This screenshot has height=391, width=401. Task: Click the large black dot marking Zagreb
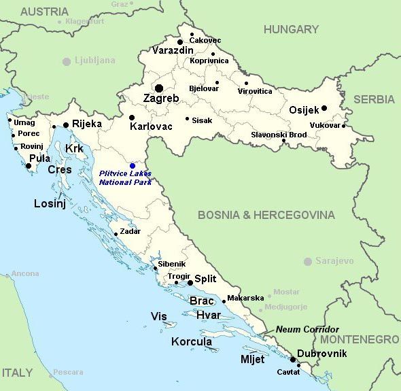pyautogui.click(x=159, y=88)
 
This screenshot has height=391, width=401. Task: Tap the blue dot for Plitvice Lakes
pyautogui.click(x=133, y=166)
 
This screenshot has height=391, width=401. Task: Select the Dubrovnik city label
pyautogui.click(x=322, y=354)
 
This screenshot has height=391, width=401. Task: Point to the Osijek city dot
pyautogui.click(x=324, y=108)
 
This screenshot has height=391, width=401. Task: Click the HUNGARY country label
pyautogui.click(x=291, y=29)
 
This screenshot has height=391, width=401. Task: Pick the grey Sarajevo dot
pyautogui.click(x=308, y=261)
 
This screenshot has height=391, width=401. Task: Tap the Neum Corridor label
pyautogui.click(x=307, y=329)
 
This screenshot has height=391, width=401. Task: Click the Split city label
pyautogui.click(x=206, y=279)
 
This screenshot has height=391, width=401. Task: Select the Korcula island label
pyautogui.click(x=191, y=342)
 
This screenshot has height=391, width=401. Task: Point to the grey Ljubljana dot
pyautogui.click(x=67, y=61)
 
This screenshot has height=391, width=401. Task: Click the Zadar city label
pyautogui.click(x=130, y=231)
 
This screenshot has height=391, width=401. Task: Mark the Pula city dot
pyautogui.click(x=29, y=165)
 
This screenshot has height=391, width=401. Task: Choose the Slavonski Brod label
pyautogui.click(x=279, y=135)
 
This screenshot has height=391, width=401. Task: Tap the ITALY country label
pyautogui.click(x=17, y=373)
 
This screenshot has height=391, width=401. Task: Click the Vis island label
pyautogui.click(x=158, y=316)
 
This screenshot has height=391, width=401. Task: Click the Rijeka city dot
pyautogui.click(x=66, y=125)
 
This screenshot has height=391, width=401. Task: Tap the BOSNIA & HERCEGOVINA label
pyautogui.click(x=266, y=215)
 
